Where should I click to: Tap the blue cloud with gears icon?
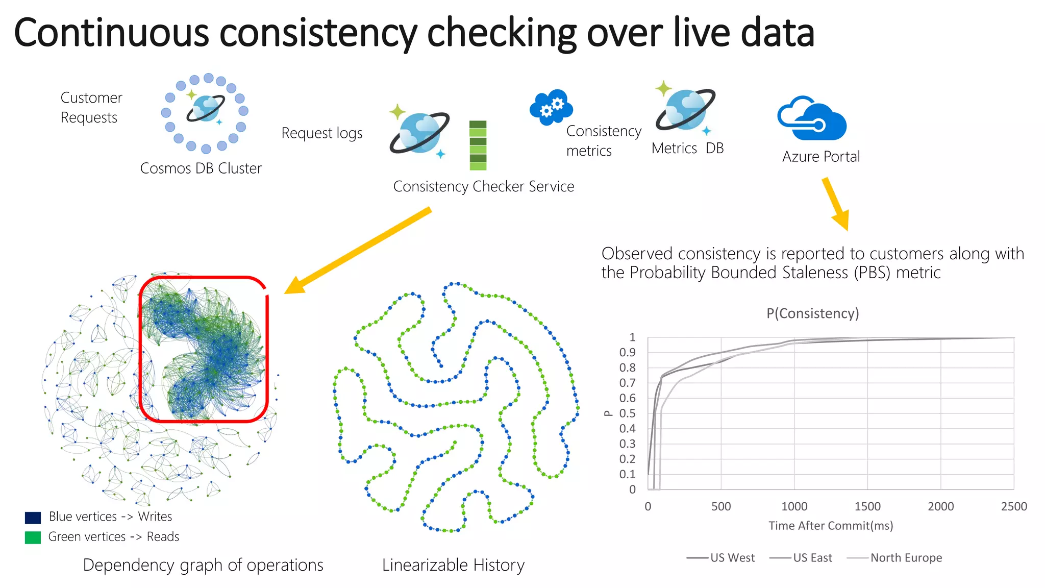point(551,107)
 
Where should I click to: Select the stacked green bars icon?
point(478,145)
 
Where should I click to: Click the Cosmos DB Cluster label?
point(201,168)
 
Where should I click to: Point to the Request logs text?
point(321,133)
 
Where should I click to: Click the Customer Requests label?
point(91,107)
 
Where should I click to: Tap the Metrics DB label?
point(687,149)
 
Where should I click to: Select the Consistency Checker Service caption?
point(483,187)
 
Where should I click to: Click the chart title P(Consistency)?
point(812,313)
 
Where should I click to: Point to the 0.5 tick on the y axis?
point(627,413)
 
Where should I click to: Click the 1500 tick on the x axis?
point(867,506)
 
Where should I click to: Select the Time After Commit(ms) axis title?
point(831,526)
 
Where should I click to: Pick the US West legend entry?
point(721,558)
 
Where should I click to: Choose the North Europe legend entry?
point(895,558)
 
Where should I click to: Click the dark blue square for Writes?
point(33,518)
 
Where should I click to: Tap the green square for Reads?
point(33,537)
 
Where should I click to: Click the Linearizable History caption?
point(453,566)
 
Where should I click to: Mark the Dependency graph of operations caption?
point(203,566)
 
